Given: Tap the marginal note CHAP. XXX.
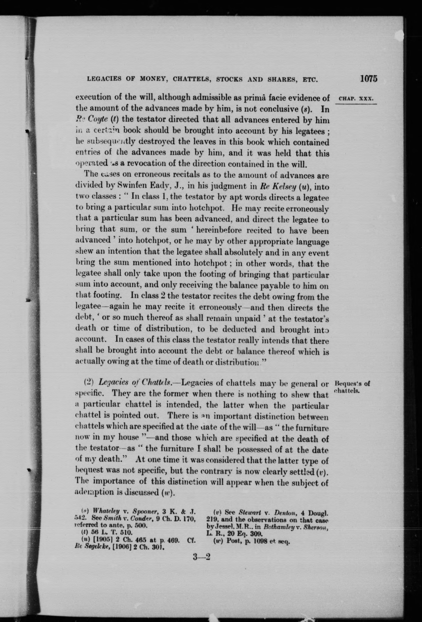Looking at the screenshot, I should pyautogui.click(x=355, y=98).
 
